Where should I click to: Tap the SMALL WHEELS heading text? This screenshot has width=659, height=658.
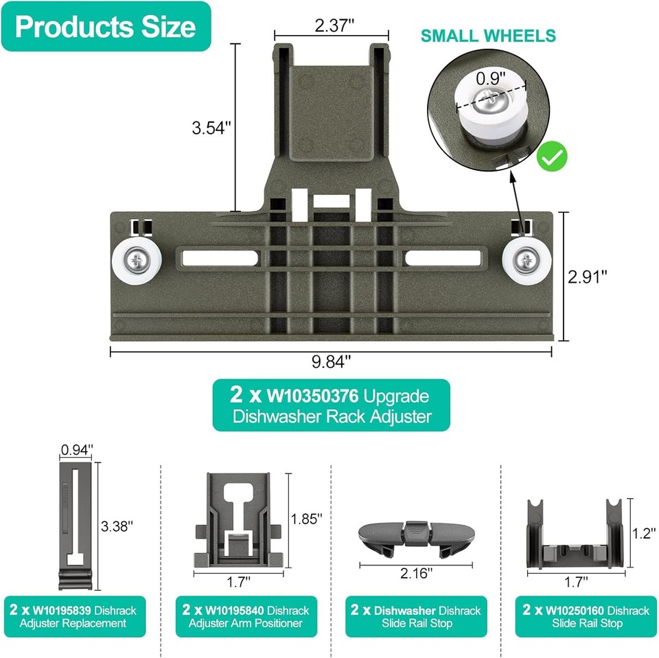click(488, 36)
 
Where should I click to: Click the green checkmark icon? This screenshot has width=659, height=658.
click(553, 157)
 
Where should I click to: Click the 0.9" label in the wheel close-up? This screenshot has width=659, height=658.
click(492, 78)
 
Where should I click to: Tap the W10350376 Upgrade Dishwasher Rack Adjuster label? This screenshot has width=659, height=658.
click(331, 406)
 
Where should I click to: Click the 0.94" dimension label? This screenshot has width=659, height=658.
click(76, 450)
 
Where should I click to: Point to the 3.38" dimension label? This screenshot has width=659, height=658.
click(117, 526)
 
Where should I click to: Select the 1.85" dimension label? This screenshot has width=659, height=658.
click(306, 519)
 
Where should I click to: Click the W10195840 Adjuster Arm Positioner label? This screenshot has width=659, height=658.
click(246, 616)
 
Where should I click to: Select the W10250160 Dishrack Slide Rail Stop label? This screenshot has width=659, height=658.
click(586, 616)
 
